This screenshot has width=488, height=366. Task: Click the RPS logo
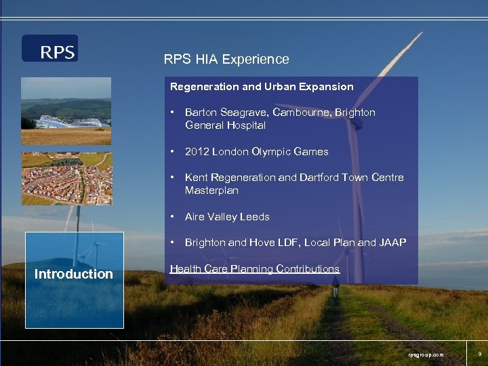(50, 49)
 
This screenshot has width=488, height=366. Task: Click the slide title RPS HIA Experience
(226, 60)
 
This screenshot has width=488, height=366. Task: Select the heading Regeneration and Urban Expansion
(262, 87)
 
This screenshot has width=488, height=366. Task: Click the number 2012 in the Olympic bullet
(197, 152)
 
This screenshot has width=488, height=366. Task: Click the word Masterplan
(211, 190)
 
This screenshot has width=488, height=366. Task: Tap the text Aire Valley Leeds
(227, 217)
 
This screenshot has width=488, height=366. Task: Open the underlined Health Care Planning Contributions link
(254, 269)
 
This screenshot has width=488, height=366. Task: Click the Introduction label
(74, 274)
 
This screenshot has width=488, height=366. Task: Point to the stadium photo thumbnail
(66, 111)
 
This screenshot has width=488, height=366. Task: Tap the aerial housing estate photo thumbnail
(66, 179)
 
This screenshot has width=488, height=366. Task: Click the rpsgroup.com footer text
(426, 354)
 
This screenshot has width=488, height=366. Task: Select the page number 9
(479, 354)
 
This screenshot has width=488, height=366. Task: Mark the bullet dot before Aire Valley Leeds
(174, 217)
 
